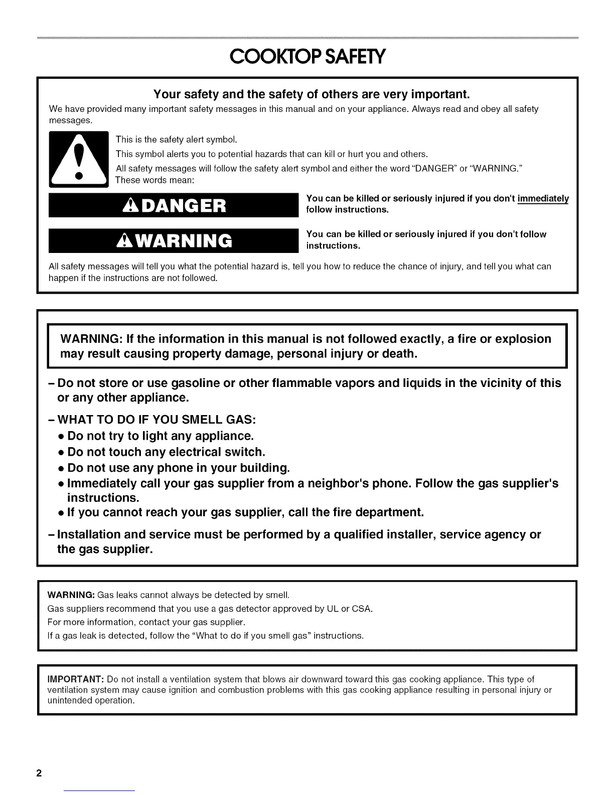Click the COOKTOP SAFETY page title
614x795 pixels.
point(307,57)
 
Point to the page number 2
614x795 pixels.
point(38,772)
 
